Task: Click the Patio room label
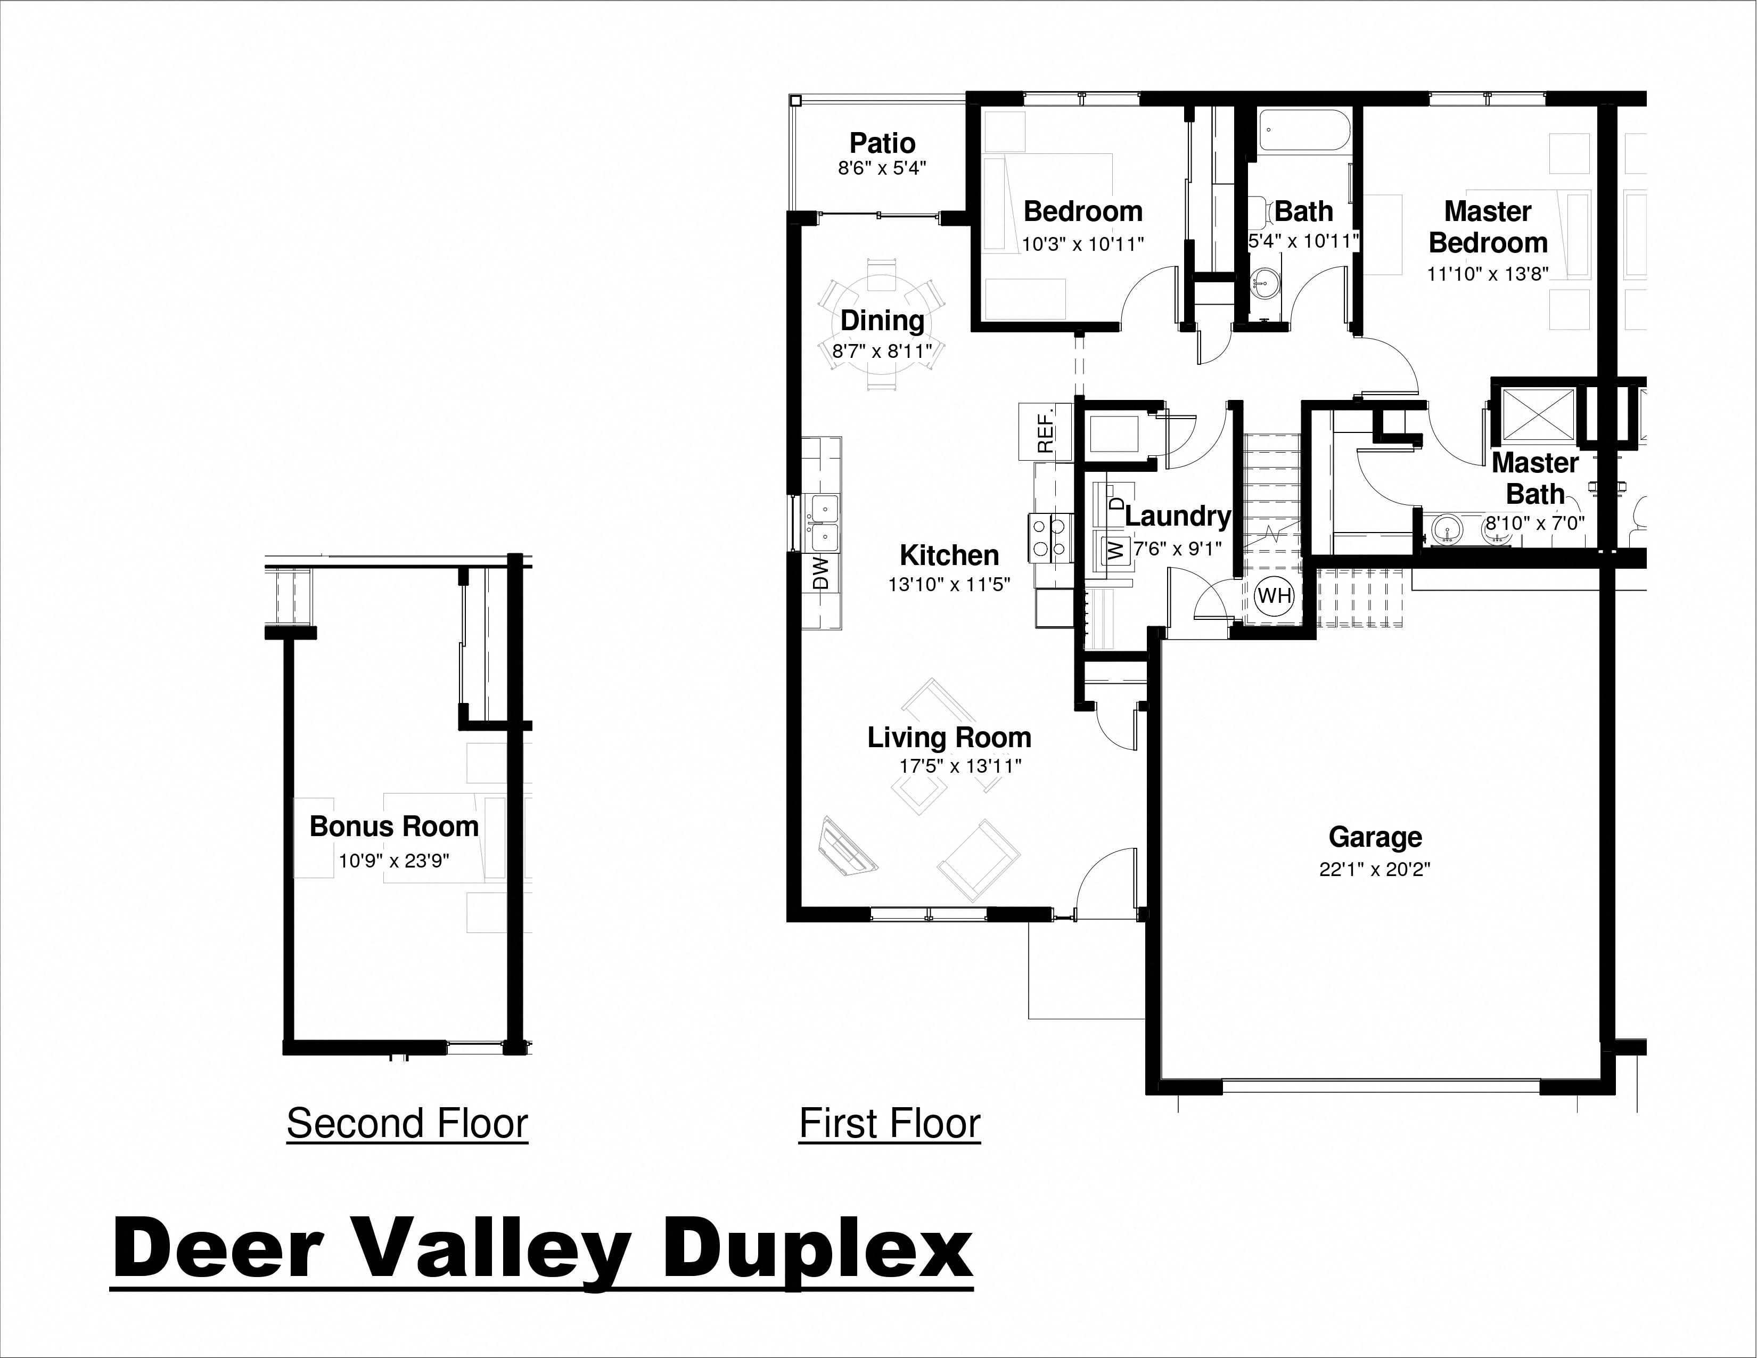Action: (883, 143)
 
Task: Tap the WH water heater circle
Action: (1274, 596)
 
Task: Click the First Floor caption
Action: (890, 1123)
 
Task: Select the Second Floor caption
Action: (407, 1123)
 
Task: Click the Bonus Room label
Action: (394, 826)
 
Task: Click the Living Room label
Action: (949, 737)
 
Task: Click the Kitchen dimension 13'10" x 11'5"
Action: (949, 585)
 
